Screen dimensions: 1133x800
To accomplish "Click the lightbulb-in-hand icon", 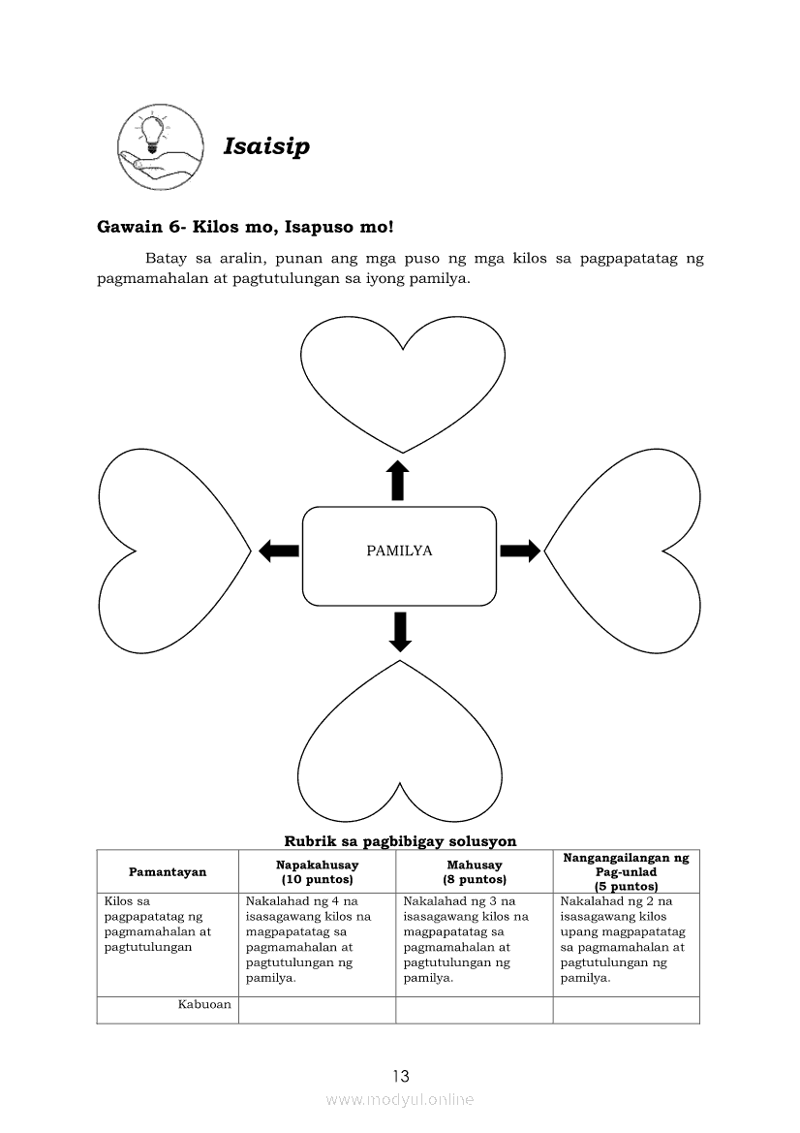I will pos(160,147).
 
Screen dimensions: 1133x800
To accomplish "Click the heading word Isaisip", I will pos(266,146).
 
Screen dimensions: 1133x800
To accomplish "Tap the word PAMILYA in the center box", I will pos(399,551).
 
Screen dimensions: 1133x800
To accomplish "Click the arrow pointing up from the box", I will pos(397,481).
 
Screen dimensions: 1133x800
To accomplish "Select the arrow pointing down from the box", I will pos(399,631).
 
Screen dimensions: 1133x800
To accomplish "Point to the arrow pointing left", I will pos(279,551).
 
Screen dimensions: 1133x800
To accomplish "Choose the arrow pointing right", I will pos(520,551).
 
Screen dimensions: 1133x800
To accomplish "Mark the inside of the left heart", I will pos(169,551).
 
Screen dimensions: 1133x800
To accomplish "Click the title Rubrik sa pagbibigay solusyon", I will pos(400,841).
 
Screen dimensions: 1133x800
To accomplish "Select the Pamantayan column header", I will pos(168,871).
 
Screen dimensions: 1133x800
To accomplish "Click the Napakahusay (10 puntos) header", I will pos(317,871).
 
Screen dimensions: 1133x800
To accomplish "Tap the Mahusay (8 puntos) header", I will pos(475,871).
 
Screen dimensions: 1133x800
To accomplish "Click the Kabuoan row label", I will pos(204,1004).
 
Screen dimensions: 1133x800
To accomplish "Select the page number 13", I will pos(401,1076).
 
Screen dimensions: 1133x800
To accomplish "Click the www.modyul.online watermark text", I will pos(400,1099).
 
